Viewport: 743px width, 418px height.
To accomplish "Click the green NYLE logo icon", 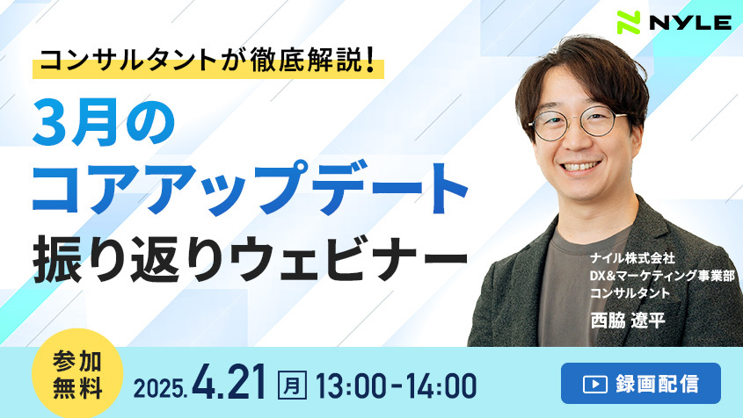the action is pyautogui.click(x=629, y=22).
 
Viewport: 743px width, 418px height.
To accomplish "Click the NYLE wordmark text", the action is pyautogui.click(x=690, y=23).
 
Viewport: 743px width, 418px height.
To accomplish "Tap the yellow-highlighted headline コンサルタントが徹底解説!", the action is pyautogui.click(x=208, y=61).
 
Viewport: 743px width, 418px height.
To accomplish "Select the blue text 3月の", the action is pyautogui.click(x=104, y=124).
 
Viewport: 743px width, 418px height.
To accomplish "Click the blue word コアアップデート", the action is pyautogui.click(x=251, y=188).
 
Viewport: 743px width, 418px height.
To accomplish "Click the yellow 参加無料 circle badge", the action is pyautogui.click(x=77, y=373).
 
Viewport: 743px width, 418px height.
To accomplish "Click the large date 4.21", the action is pyautogui.click(x=229, y=383).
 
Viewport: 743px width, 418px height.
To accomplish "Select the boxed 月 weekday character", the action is pyautogui.click(x=292, y=385).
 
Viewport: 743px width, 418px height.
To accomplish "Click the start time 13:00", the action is pyautogui.click(x=351, y=386).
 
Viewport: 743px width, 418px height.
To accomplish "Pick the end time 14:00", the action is pyautogui.click(x=441, y=386).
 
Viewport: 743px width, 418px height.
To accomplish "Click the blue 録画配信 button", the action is pyautogui.click(x=641, y=384).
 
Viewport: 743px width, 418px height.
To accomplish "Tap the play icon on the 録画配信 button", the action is pyautogui.click(x=594, y=384).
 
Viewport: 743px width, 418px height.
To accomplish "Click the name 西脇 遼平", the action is pyautogui.click(x=628, y=321).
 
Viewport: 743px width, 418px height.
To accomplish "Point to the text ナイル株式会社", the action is pyautogui.click(x=632, y=258).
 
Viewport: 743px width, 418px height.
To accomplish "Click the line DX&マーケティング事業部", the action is pyautogui.click(x=662, y=276).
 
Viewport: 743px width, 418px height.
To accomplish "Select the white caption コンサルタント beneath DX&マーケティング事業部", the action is pyautogui.click(x=630, y=293).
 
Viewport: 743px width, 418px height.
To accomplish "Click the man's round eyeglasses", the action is pyautogui.click(x=578, y=123).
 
